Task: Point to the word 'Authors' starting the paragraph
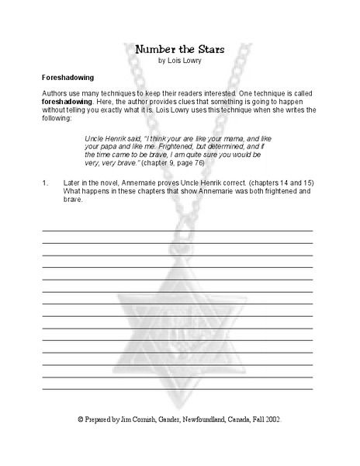[x=55, y=92]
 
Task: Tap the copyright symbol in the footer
[x=80, y=419]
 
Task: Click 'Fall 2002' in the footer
[x=263, y=419]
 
